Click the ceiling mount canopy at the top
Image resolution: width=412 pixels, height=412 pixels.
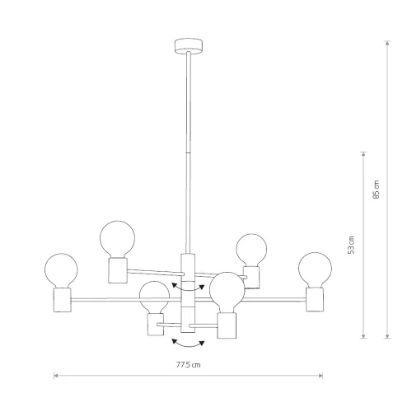pyautogui.click(x=189, y=45)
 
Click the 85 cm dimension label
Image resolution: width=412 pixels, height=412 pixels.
pyautogui.click(x=377, y=190)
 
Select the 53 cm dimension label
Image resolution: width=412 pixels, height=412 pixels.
pyautogui.click(x=351, y=245)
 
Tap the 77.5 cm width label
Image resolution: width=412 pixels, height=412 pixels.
pyautogui.click(x=189, y=365)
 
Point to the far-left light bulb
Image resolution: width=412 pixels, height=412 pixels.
pyautogui.click(x=61, y=270)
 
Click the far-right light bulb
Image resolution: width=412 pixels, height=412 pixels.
pyautogui.click(x=315, y=269)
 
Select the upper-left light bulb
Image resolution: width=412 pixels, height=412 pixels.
pyautogui.click(x=117, y=239)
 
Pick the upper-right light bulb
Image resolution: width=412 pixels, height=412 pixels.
pyautogui.click(x=251, y=250)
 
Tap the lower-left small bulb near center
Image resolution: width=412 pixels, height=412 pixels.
pyautogui.click(x=154, y=297)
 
